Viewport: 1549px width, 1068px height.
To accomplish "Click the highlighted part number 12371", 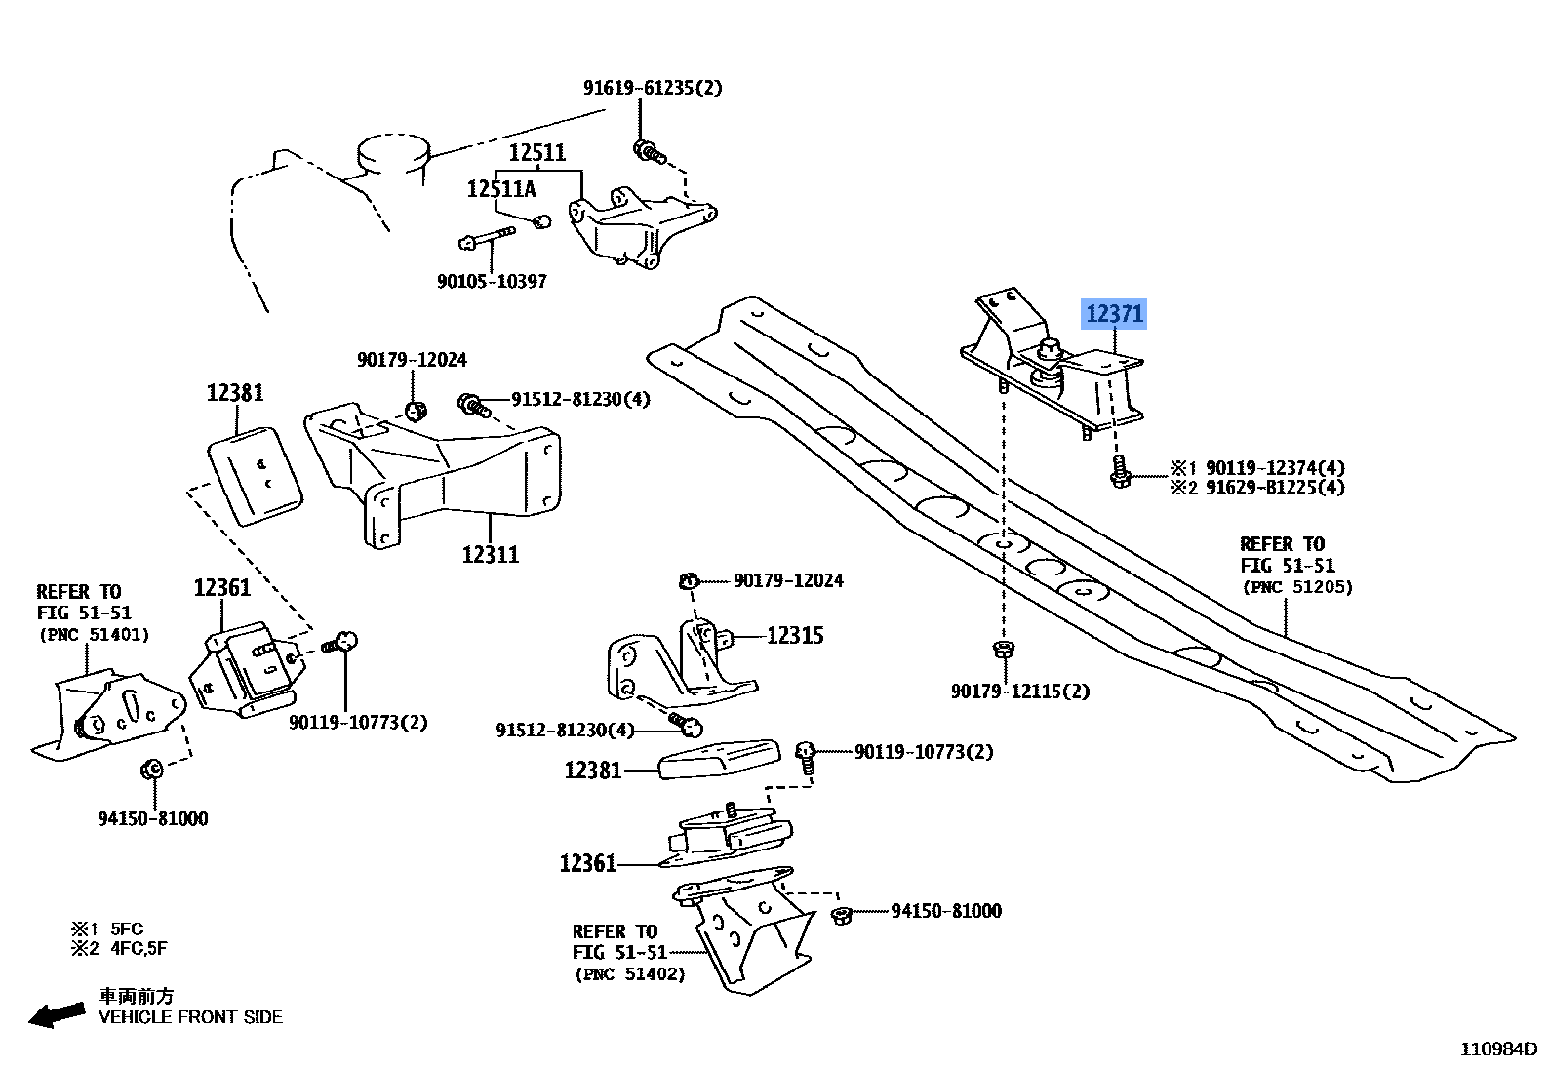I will (1113, 314).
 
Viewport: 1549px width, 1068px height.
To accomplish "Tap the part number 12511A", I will (500, 189).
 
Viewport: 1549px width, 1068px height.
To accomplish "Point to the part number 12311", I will (491, 554).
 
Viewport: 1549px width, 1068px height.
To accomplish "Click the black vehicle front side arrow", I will (57, 1016).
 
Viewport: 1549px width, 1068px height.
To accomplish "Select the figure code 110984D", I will (1496, 1049).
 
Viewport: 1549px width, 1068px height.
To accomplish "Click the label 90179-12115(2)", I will (1020, 692).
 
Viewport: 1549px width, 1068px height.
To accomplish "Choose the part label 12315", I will (795, 636).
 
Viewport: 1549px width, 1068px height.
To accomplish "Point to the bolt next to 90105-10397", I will (484, 237).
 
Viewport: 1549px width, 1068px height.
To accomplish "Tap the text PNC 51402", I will (629, 973).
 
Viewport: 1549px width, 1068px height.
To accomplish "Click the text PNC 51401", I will (94, 635).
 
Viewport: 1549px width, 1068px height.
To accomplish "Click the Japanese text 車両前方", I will (137, 996).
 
